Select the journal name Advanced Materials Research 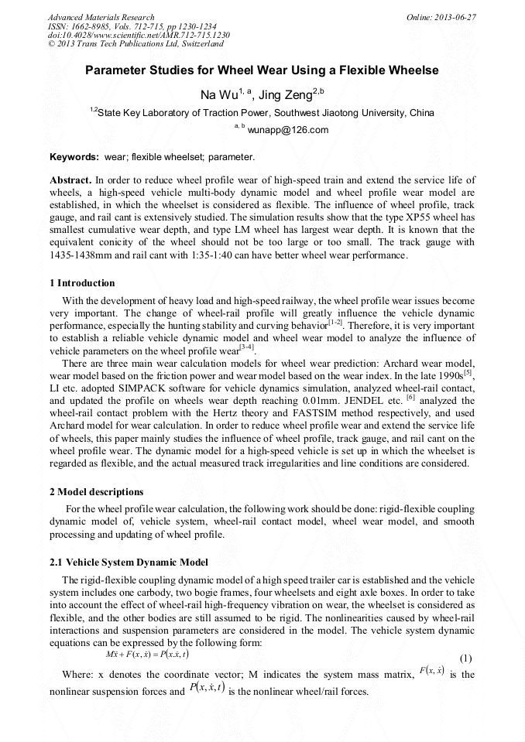pos(101,17)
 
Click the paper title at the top pos(262,70)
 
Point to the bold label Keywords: pos(74,157)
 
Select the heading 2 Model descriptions pos(95,492)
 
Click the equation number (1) pos(465,659)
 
